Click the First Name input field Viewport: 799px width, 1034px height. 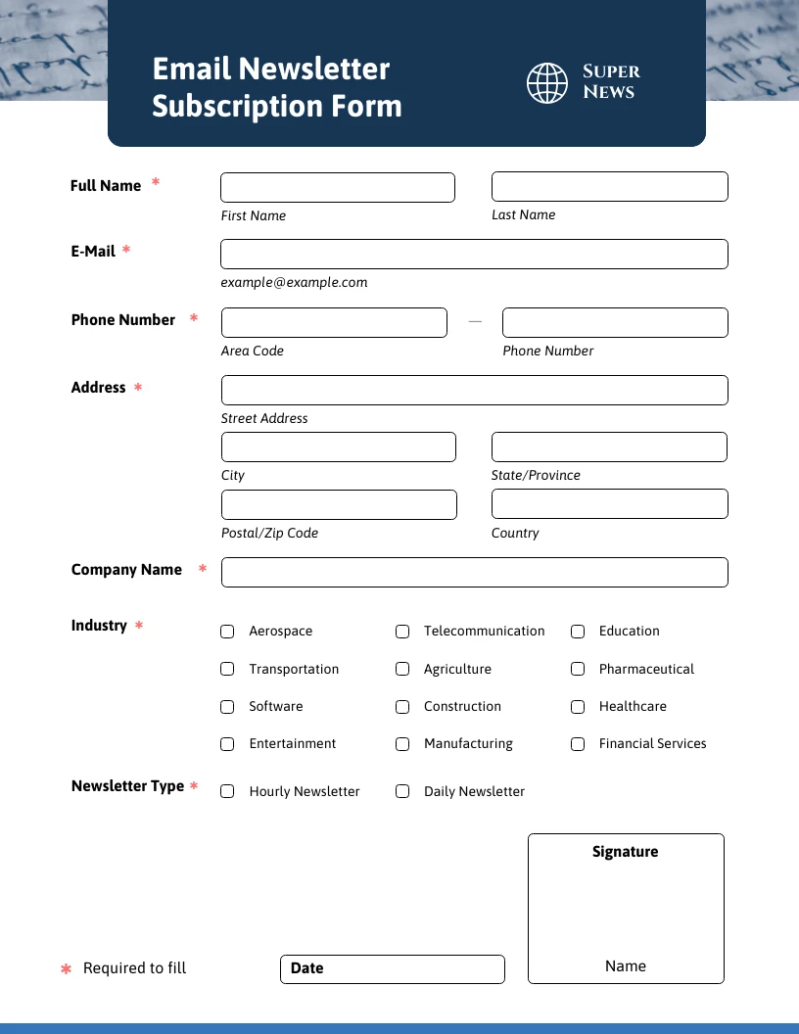[x=338, y=187]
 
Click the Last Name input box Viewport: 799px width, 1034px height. [x=609, y=186]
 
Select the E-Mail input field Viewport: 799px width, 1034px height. [x=474, y=254]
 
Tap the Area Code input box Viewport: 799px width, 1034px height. [x=334, y=322]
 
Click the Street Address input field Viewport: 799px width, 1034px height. [x=474, y=390]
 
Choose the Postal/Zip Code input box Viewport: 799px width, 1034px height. [x=339, y=504]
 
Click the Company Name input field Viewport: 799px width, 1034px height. [x=474, y=572]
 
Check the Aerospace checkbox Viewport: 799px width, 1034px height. [x=227, y=632]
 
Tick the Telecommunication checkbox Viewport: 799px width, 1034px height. [x=402, y=632]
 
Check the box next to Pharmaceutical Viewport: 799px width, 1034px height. [x=578, y=669]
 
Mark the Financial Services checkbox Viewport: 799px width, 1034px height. [x=578, y=744]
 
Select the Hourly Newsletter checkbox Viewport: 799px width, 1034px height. [x=227, y=791]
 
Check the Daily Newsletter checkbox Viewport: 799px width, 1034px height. [x=402, y=791]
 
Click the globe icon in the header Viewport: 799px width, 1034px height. [x=547, y=83]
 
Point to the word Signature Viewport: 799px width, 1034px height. [x=625, y=852]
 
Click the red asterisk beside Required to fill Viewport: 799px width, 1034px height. [x=67, y=969]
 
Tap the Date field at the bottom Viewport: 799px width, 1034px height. [x=392, y=968]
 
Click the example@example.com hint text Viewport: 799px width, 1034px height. [x=294, y=282]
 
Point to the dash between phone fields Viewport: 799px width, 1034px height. [x=475, y=321]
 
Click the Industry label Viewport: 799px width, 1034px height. [x=99, y=625]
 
